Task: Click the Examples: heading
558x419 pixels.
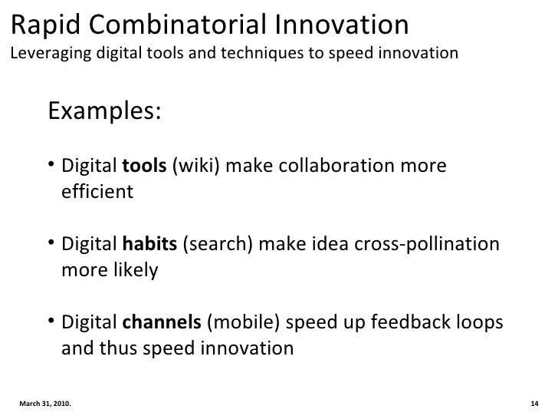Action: [105, 111]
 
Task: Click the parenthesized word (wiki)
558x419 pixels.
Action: [192, 167]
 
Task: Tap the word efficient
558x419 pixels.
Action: [97, 192]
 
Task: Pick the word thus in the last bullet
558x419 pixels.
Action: [121, 348]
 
